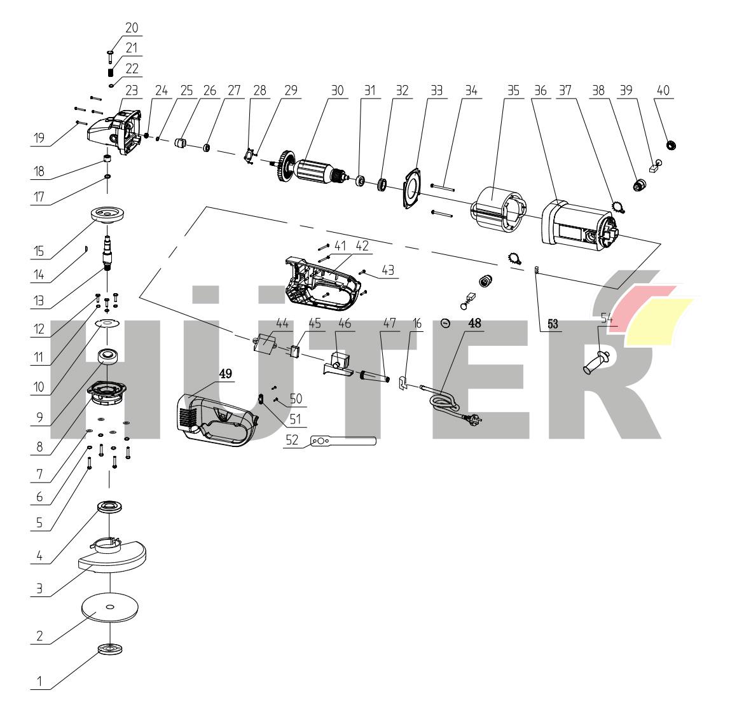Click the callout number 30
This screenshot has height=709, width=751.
(336, 91)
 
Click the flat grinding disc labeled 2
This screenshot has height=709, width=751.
(109, 609)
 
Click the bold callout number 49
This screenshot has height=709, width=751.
(226, 374)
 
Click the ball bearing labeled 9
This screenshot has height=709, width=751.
(109, 357)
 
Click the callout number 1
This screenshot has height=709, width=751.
(39, 681)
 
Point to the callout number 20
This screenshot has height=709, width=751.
(132, 28)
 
